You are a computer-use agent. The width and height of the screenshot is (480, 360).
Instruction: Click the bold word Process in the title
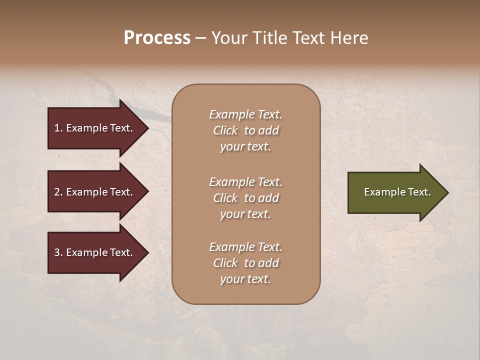point(157,38)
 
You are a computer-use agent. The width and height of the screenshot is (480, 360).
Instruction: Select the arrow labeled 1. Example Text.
point(95,128)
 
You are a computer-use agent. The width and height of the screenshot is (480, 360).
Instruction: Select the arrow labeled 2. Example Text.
point(95,192)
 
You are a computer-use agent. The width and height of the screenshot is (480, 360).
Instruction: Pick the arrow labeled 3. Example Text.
point(95,252)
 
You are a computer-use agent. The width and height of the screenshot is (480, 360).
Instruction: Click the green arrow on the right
point(395,192)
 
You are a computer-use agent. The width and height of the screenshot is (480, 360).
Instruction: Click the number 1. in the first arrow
point(58,128)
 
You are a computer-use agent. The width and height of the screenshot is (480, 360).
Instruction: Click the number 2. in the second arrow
point(58,192)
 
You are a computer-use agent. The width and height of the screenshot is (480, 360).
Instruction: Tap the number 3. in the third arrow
point(58,252)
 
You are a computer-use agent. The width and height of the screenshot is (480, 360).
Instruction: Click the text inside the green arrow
point(397,192)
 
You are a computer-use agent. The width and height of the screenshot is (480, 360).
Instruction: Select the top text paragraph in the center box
point(245,130)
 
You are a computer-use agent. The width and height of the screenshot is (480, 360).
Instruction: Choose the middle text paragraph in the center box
point(245,198)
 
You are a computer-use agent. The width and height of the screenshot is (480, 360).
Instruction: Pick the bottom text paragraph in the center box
point(245,263)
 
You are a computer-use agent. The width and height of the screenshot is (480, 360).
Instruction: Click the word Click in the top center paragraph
point(225,130)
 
